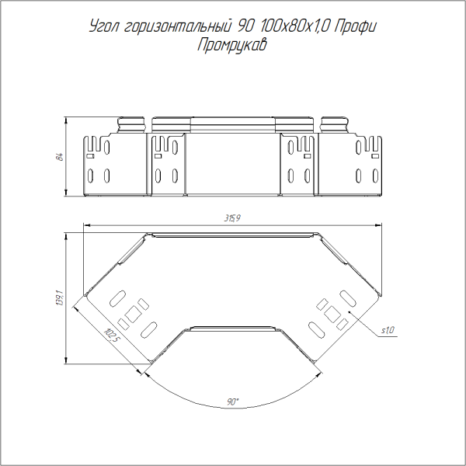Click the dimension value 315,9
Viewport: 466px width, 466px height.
tap(232, 218)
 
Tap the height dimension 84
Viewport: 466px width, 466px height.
tap(60, 157)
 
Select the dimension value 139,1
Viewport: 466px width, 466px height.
tap(60, 298)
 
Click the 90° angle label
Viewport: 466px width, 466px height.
tap(233, 402)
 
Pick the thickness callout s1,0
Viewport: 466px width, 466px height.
tap(388, 330)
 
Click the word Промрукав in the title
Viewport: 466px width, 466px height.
tap(232, 45)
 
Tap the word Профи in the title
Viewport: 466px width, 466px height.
tap(356, 26)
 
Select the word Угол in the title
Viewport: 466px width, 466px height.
tap(104, 26)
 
